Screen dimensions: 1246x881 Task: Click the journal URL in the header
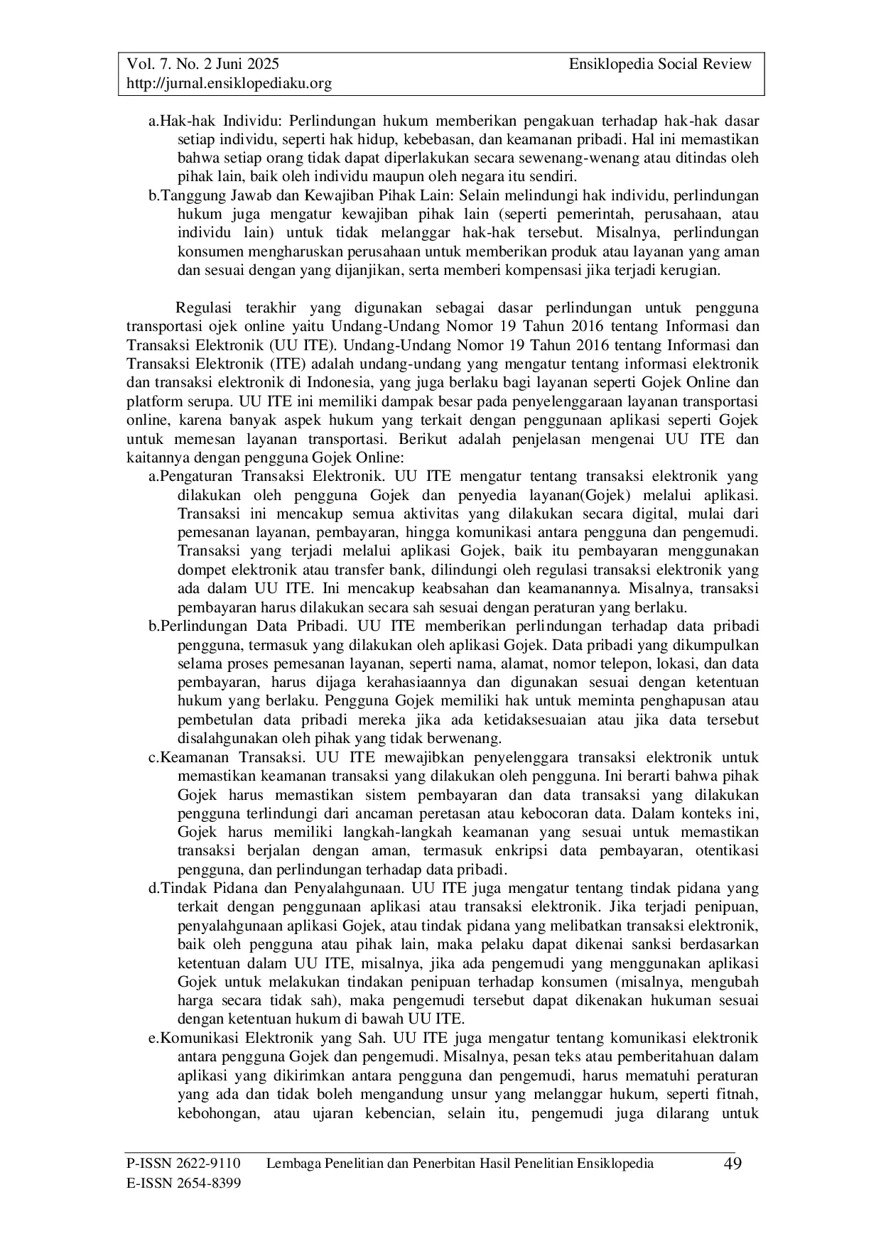(x=229, y=84)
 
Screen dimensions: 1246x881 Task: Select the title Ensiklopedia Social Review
(x=659, y=65)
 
